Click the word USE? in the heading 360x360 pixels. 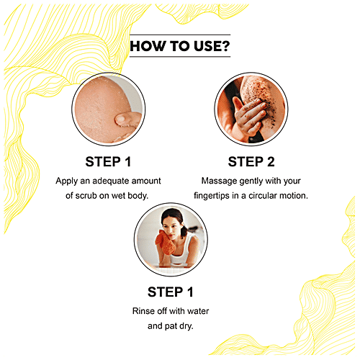(x=212, y=46)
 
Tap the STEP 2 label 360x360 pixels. (x=251, y=161)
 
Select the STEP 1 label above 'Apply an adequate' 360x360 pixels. (x=108, y=161)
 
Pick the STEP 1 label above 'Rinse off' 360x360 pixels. (x=171, y=292)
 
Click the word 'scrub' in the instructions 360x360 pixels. (x=86, y=196)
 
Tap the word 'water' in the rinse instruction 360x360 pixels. (x=198, y=311)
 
